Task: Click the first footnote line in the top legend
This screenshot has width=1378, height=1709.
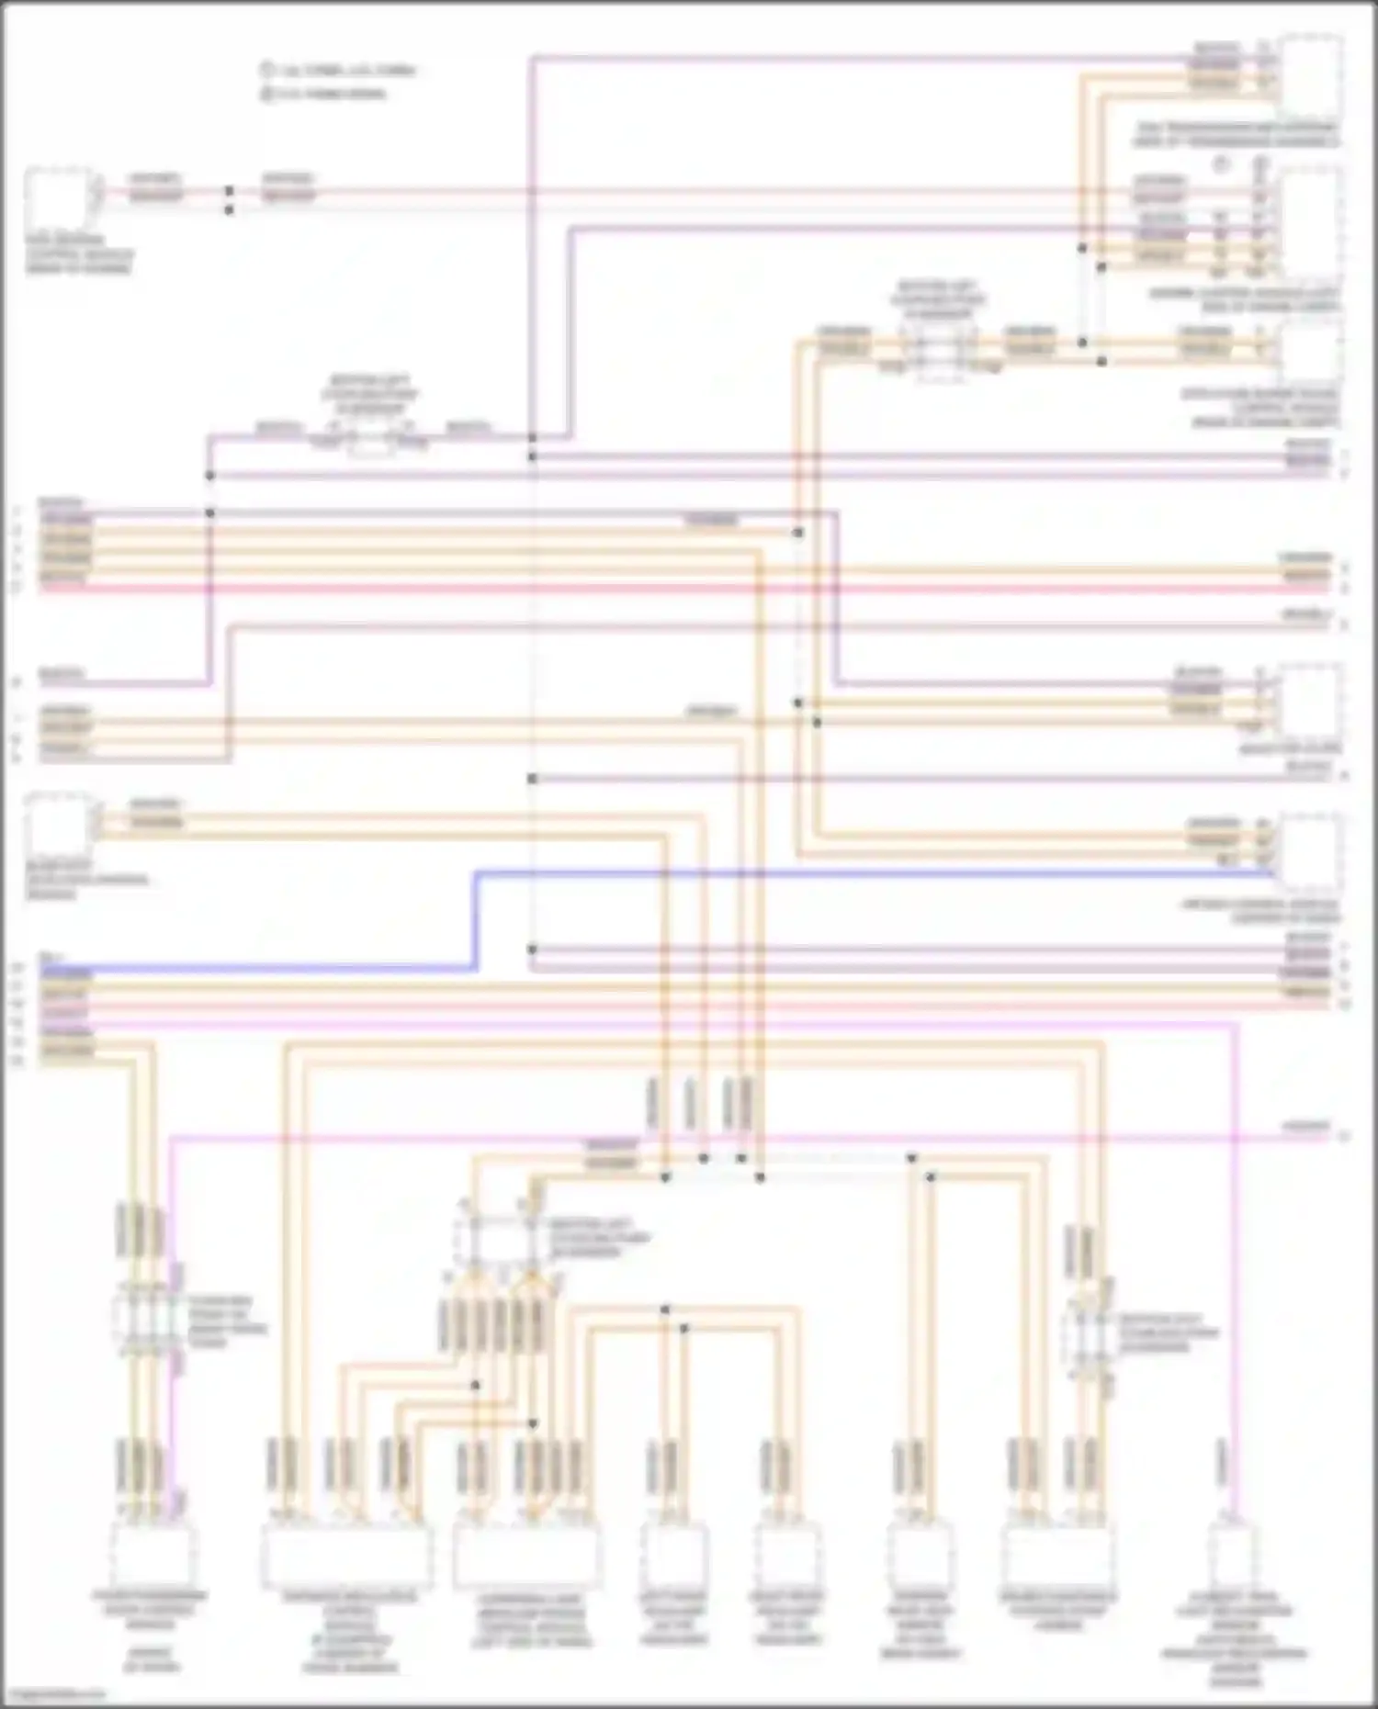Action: click(336, 70)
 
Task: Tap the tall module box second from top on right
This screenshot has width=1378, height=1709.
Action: click(1311, 223)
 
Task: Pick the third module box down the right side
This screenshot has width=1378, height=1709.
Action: click(1311, 354)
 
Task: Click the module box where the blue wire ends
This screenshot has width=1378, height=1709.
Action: click(1311, 851)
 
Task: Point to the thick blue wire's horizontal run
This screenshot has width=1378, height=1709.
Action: click(827, 873)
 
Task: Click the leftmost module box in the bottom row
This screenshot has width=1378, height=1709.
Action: click(152, 1555)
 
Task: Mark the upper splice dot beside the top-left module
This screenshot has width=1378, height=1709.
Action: click(230, 191)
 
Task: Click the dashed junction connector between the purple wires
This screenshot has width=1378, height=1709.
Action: click(369, 439)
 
